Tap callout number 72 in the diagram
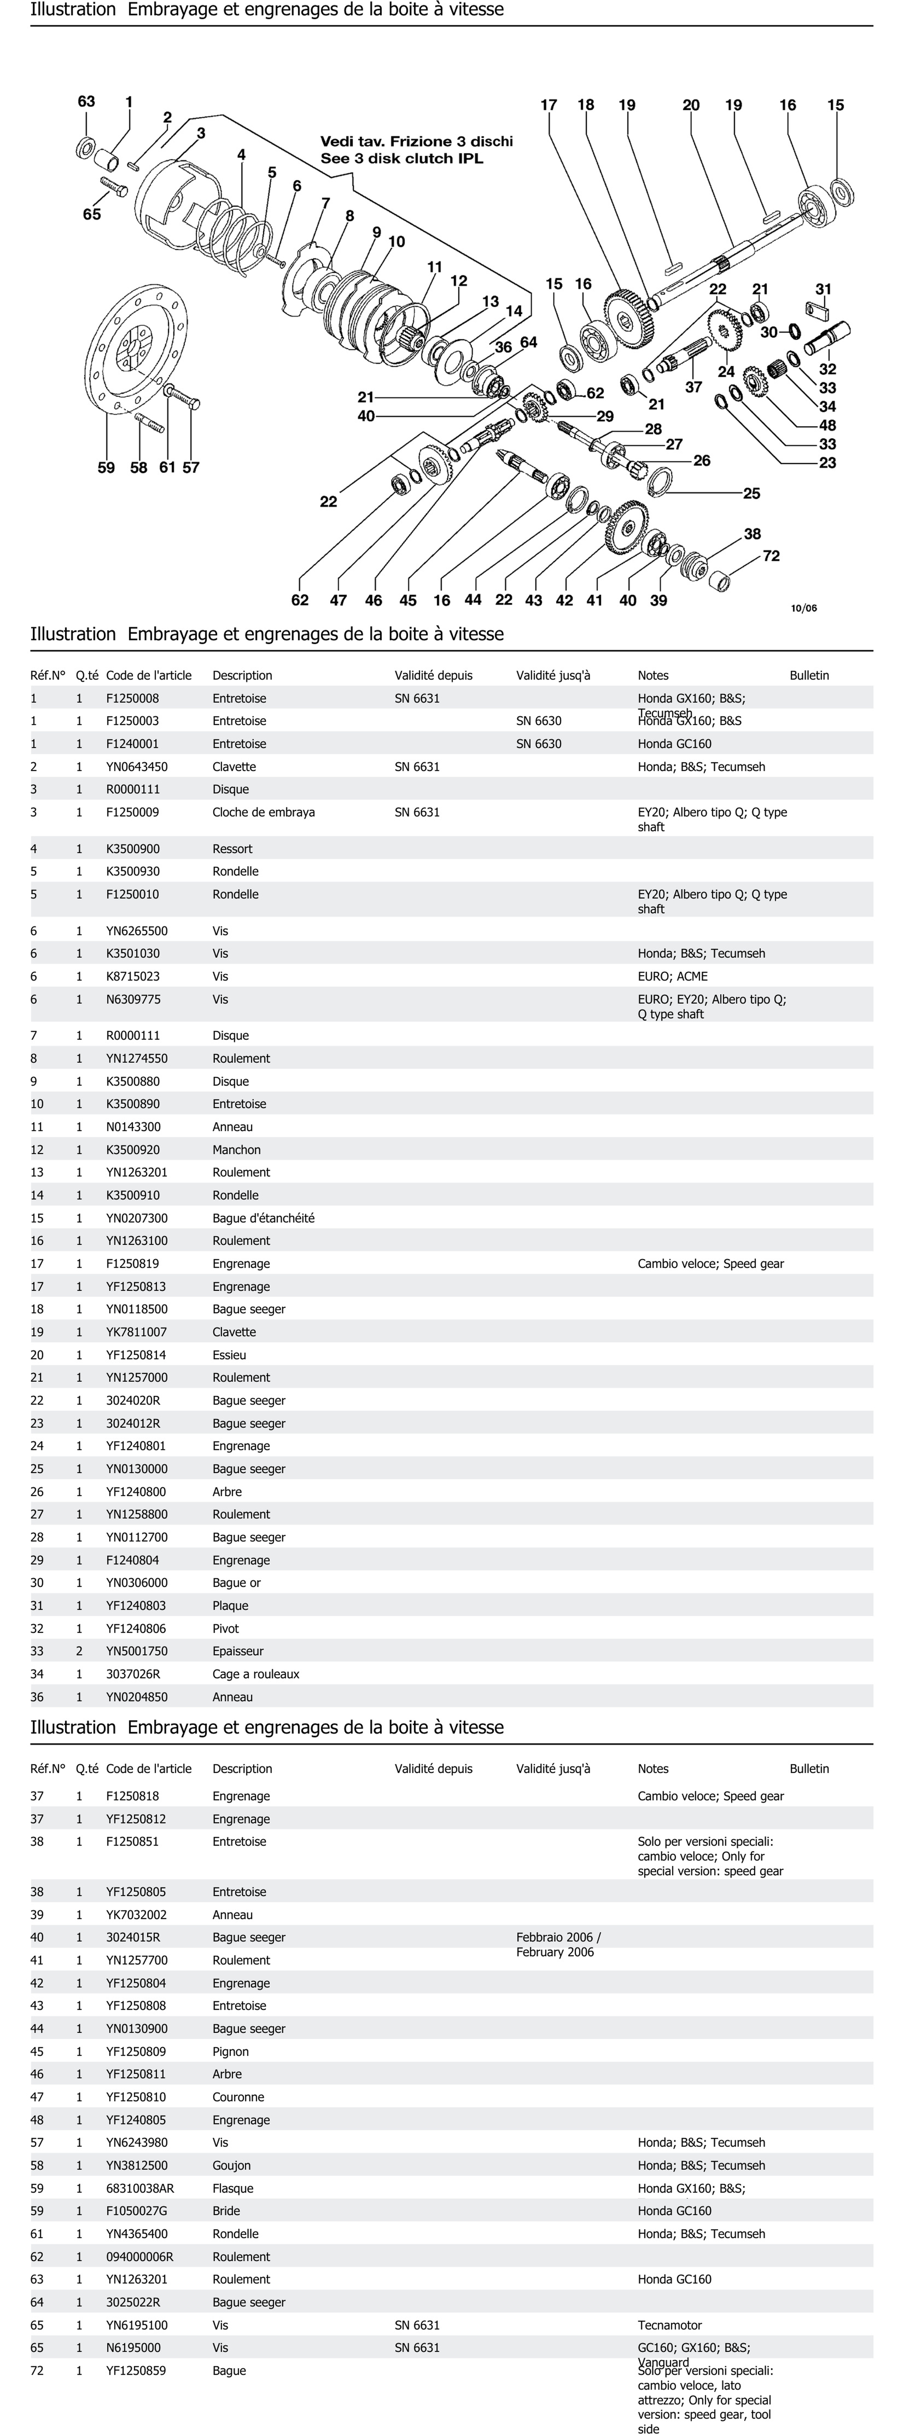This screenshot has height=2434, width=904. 771,556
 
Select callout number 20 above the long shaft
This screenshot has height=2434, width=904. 690,105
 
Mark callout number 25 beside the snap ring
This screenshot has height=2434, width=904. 751,493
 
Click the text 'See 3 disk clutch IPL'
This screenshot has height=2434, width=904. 401,159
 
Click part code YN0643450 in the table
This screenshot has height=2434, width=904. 137,766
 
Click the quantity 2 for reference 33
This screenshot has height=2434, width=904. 79,1651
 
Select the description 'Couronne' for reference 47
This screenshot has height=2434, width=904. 238,2097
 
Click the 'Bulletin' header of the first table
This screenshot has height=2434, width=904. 809,676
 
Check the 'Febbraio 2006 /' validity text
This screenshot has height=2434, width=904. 558,1937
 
